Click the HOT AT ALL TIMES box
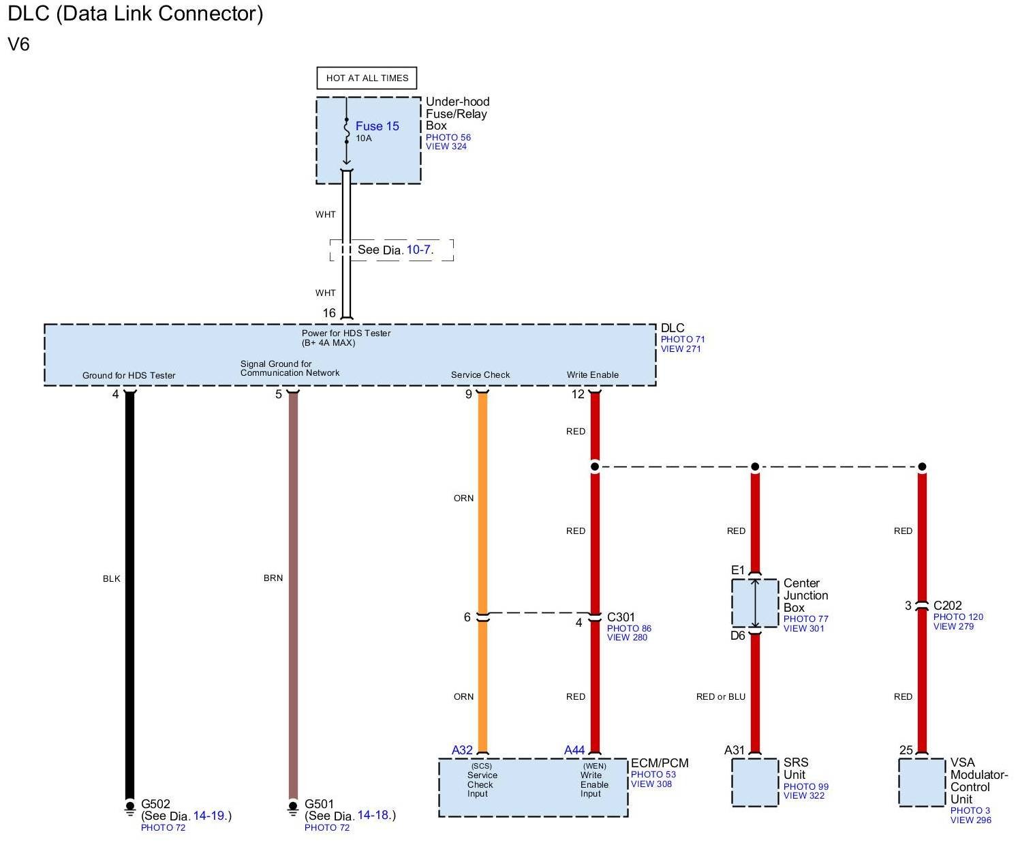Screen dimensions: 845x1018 tap(367, 78)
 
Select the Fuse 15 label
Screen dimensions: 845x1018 tap(377, 126)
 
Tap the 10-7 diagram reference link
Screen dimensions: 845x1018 tap(418, 250)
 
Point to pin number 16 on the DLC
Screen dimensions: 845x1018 tap(329, 313)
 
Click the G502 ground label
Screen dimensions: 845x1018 tap(155, 804)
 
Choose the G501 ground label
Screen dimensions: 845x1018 tap(319, 804)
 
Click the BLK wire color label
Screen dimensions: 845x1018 tap(112, 578)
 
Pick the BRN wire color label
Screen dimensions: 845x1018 tap(273, 578)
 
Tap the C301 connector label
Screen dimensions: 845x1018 tap(621, 617)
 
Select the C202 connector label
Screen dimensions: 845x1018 tap(947, 606)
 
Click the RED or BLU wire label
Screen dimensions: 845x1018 tap(720, 696)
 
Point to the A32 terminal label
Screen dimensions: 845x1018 tap(462, 750)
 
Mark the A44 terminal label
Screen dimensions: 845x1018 tap(574, 750)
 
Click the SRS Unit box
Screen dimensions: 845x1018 tap(754, 782)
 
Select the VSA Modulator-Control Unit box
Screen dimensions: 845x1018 tap(921, 782)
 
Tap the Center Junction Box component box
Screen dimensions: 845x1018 tap(754, 603)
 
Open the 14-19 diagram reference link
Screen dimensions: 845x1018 tap(208, 816)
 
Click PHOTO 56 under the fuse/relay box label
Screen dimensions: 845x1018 tap(448, 137)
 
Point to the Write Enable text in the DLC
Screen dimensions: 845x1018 tap(592, 374)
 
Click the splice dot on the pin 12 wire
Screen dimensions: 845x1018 tap(595, 467)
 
